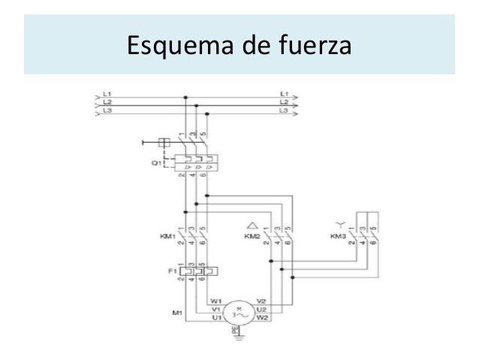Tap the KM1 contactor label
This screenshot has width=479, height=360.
coord(167,235)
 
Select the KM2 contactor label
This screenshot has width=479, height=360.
coord(252,235)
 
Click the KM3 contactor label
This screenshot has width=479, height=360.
coord(339,235)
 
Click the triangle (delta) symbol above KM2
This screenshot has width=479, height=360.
coord(253,224)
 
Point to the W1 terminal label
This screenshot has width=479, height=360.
coord(215,301)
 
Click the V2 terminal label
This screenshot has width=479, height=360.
coord(261,301)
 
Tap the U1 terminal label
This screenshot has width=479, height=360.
coord(215,317)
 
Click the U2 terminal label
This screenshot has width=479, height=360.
coord(261,309)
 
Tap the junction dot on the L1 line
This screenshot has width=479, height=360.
coord(185,96)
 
